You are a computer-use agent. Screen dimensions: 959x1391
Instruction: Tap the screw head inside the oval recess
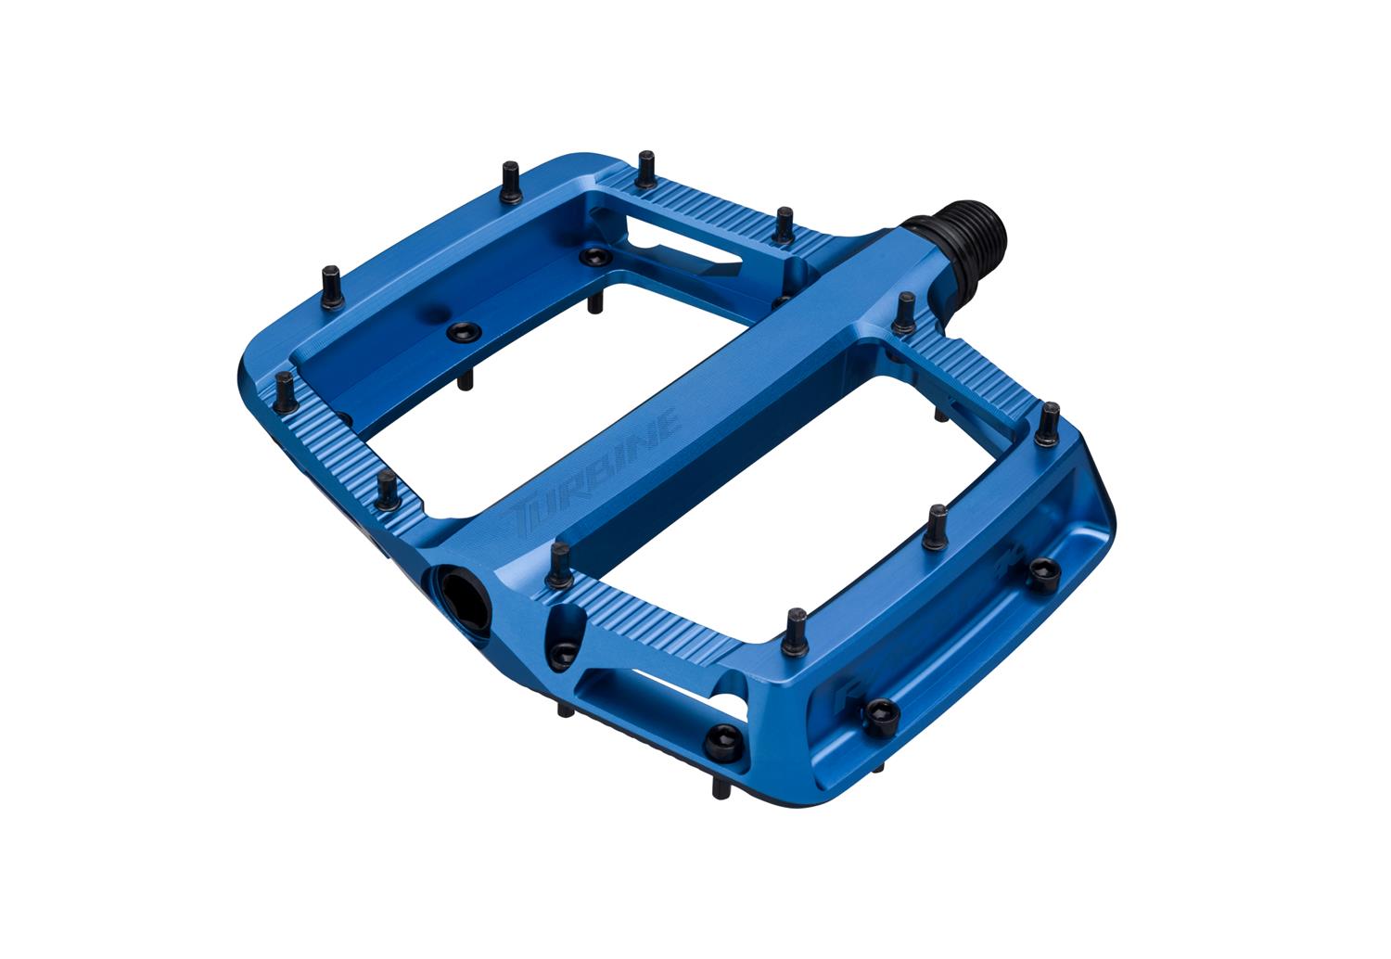[562, 654]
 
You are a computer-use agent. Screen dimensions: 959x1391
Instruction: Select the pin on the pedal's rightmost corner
[1047, 422]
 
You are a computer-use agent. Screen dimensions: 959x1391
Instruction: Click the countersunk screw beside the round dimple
[462, 330]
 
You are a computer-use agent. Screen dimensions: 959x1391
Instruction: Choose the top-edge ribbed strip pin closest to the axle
[784, 225]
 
